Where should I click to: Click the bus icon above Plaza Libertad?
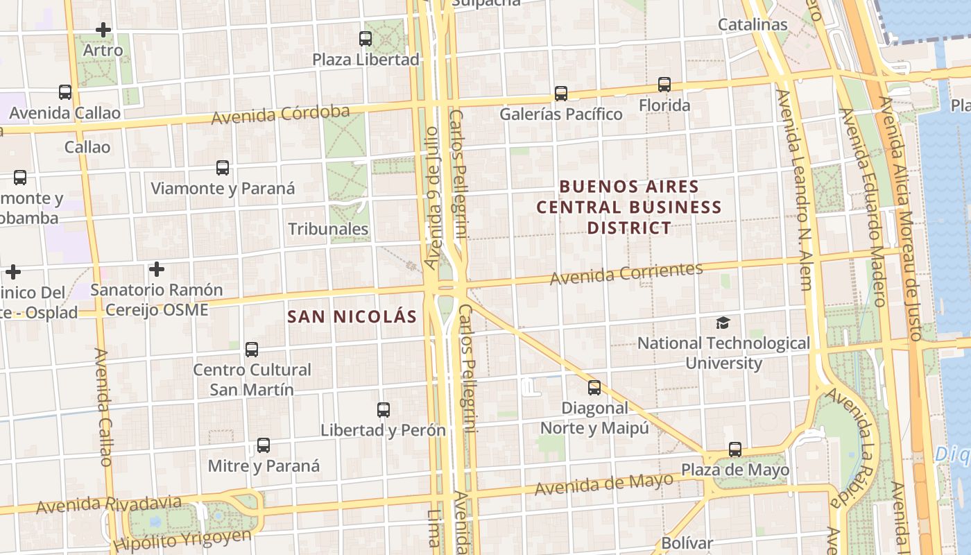tap(366, 39)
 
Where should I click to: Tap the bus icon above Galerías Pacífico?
tap(561, 93)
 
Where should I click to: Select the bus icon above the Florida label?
tap(664, 85)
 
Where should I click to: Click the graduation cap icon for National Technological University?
tap(723, 323)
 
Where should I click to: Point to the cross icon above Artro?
tap(103, 30)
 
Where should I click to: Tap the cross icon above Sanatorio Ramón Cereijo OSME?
tap(157, 269)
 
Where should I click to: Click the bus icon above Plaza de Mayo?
tap(735, 450)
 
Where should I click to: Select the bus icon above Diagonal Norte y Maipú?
tap(594, 388)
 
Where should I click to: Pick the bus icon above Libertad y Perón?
tap(384, 409)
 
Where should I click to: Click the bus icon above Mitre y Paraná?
tap(264, 445)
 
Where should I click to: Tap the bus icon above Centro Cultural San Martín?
tap(252, 350)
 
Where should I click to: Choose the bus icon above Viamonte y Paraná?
tap(223, 168)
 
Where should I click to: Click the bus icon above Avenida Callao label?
tap(65, 92)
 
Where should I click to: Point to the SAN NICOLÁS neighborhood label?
tap(352, 317)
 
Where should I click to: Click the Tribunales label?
tap(328, 229)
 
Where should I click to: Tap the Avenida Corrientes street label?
tap(626, 273)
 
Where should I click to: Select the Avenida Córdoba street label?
tap(280, 114)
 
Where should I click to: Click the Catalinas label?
tap(753, 25)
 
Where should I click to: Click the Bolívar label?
tap(687, 543)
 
